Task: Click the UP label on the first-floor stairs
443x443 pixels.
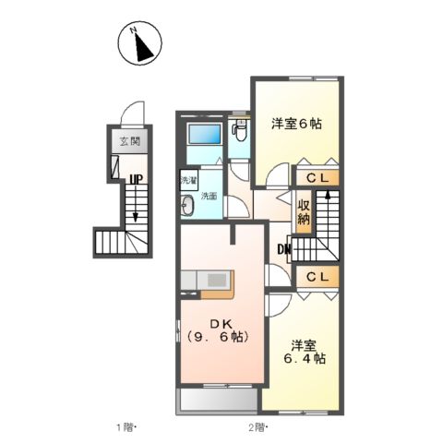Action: (x=135, y=181)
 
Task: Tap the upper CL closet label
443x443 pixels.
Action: (x=317, y=178)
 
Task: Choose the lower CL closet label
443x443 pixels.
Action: (x=317, y=276)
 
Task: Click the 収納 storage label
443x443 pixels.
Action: (x=304, y=212)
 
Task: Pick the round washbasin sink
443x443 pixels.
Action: (x=186, y=206)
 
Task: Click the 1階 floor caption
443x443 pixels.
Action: (x=126, y=427)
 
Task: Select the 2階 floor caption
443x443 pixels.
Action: (x=256, y=427)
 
